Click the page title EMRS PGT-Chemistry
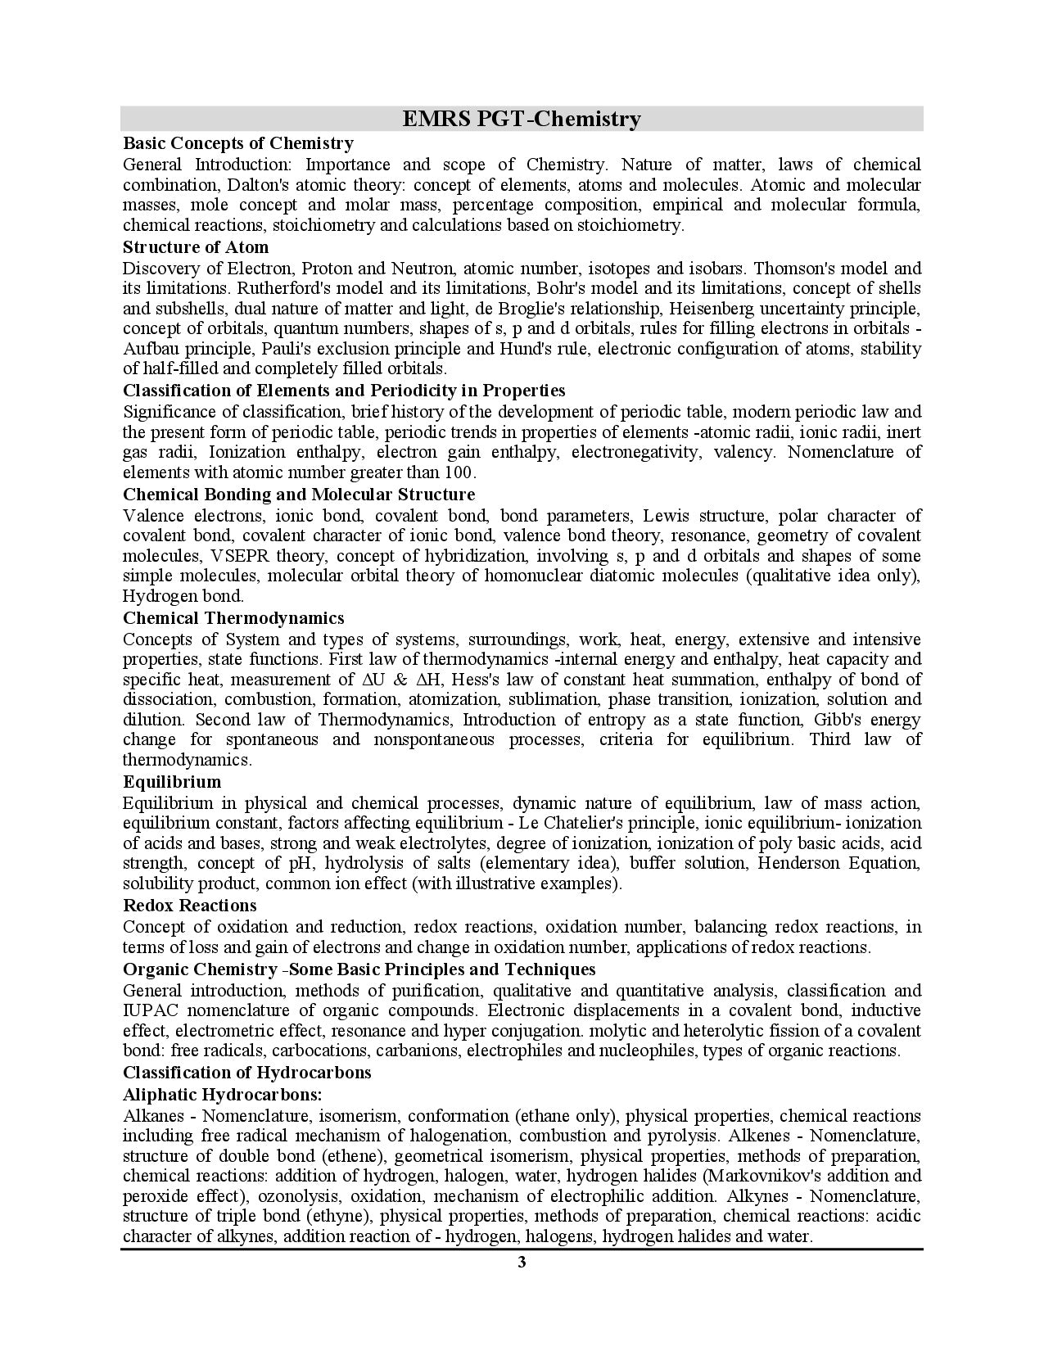522,120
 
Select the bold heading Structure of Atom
196,247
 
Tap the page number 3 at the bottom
522,1262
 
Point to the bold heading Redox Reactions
189,906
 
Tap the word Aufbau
149,349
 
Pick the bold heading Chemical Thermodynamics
233,618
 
